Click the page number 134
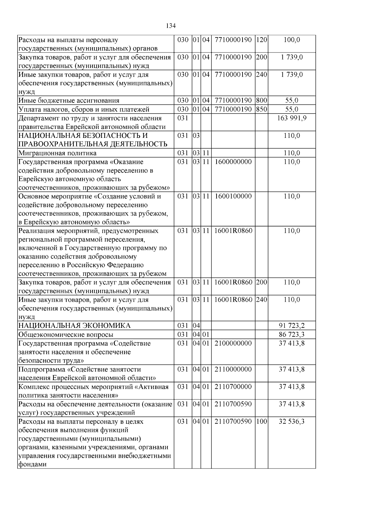pos(171,26)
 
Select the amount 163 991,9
pos(292,118)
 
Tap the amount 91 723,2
pos(292,326)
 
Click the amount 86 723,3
pos(292,335)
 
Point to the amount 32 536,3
pos(292,421)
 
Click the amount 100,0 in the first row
pos(292,40)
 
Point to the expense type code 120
pos(261,40)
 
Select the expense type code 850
pos(261,109)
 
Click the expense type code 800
pos(261,100)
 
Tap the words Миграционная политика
pos(57,153)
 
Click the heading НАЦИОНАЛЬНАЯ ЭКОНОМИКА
pos(75,326)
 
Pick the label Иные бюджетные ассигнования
pos(69,100)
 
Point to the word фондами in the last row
pos(33,465)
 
